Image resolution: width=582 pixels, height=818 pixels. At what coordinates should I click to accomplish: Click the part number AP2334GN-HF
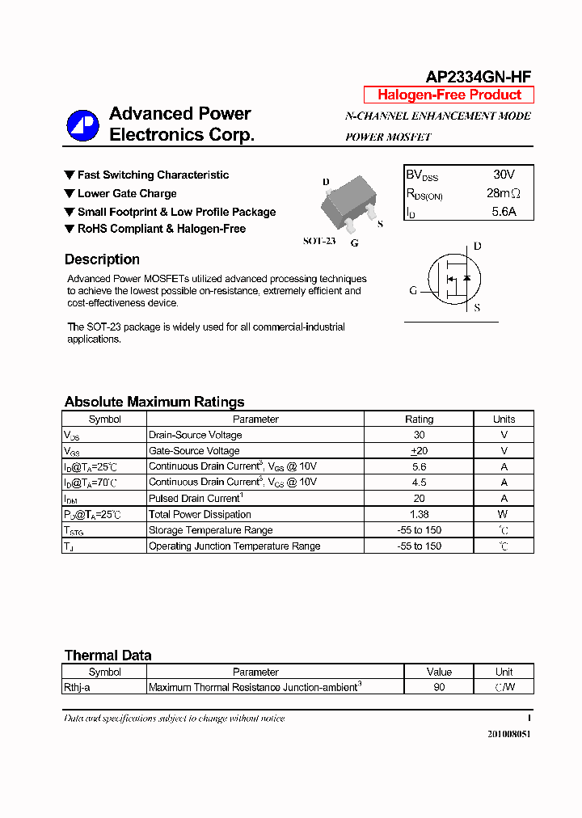click(x=479, y=77)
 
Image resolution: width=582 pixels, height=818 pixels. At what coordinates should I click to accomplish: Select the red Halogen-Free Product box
click(x=449, y=95)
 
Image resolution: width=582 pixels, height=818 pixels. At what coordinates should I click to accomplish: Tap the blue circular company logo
click(x=82, y=125)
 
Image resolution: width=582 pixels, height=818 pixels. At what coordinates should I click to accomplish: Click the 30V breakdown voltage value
click(x=504, y=175)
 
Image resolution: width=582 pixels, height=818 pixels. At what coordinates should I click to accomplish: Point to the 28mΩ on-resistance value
click(x=504, y=193)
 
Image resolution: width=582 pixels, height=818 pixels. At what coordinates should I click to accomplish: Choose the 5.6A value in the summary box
click(x=504, y=212)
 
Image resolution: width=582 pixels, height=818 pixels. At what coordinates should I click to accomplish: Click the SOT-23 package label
click(x=319, y=241)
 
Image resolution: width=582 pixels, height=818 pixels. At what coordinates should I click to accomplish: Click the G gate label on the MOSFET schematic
click(x=413, y=290)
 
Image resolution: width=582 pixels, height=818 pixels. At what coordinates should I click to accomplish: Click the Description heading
click(x=102, y=259)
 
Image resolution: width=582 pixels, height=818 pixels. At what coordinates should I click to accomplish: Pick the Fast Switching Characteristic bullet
click(x=153, y=175)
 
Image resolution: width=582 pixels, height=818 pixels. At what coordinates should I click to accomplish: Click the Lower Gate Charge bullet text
click(x=127, y=193)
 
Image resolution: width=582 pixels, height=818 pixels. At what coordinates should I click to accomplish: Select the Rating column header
click(x=419, y=419)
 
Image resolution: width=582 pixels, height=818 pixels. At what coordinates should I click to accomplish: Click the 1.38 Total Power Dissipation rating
click(x=419, y=514)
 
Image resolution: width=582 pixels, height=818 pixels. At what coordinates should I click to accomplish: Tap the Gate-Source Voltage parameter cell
click(x=194, y=451)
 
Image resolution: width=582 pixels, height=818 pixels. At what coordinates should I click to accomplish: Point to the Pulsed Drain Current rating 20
click(x=419, y=499)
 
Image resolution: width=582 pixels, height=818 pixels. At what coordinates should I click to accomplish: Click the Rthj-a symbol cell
click(x=78, y=687)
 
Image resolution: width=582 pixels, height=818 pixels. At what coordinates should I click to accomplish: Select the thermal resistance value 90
click(x=439, y=687)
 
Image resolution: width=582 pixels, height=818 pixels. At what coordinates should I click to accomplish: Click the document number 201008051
click(x=509, y=734)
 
